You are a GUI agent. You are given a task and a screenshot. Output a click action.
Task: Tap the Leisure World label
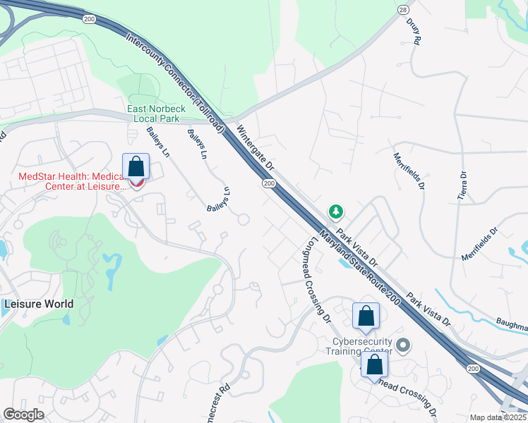39,305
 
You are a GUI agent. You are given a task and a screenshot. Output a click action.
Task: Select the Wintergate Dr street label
256,148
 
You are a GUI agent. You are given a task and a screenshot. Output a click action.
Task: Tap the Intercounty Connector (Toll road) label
175,83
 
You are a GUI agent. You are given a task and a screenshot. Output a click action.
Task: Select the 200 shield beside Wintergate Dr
268,183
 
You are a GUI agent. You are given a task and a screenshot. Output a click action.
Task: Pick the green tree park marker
336,211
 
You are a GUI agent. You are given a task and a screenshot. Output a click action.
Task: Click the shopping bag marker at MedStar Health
136,168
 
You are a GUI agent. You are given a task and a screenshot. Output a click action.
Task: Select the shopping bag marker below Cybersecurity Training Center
375,365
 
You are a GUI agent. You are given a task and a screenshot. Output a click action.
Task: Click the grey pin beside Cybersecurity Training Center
403,345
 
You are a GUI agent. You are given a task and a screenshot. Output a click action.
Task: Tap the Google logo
23,415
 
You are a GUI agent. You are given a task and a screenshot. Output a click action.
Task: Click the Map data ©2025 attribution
498,417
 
